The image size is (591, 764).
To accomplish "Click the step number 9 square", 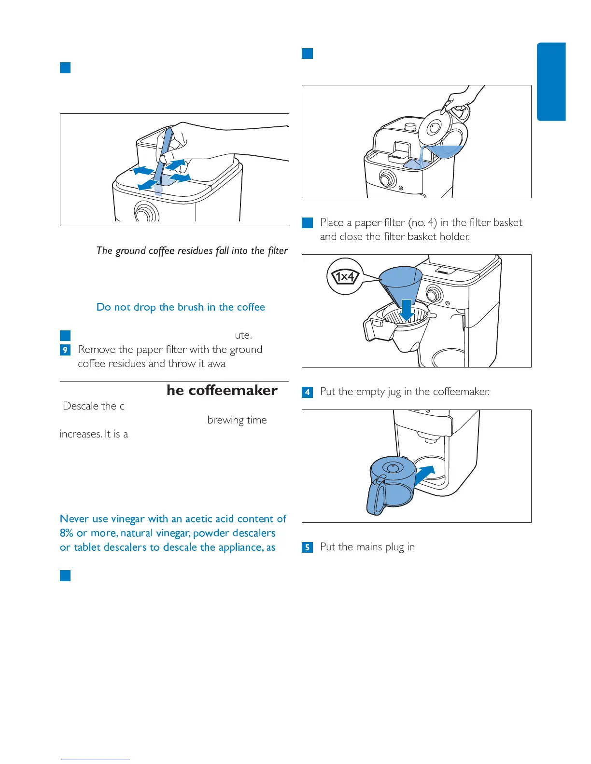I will click(65, 350).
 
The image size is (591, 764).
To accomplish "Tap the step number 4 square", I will click(307, 392).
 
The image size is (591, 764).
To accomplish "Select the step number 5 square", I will click(307, 547).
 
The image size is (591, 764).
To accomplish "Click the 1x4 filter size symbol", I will click(345, 277).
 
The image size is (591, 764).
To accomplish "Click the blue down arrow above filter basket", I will click(407, 309).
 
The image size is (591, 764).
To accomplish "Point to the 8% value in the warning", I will click(67, 533).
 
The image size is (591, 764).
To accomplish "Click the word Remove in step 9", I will click(96, 350).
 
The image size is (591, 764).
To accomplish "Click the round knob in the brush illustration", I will click(146, 212).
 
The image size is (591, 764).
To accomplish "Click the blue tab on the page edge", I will click(551, 82).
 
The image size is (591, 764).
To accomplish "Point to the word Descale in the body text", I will click(81, 406).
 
